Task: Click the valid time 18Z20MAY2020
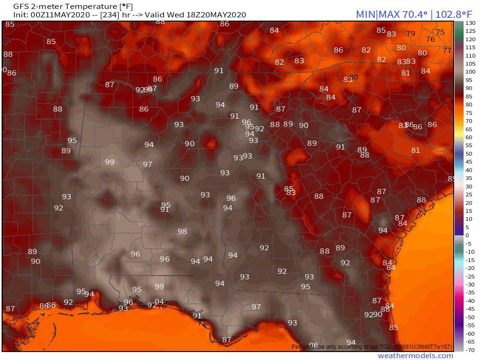pyautogui.click(x=216, y=15)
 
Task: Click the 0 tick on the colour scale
pyautogui.click(x=467, y=235)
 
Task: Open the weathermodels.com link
pyautogui.click(x=415, y=356)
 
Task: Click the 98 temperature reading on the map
pyautogui.click(x=182, y=232)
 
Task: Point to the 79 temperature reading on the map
pyautogui.click(x=411, y=34)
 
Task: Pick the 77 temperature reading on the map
pyautogui.click(x=447, y=50)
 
